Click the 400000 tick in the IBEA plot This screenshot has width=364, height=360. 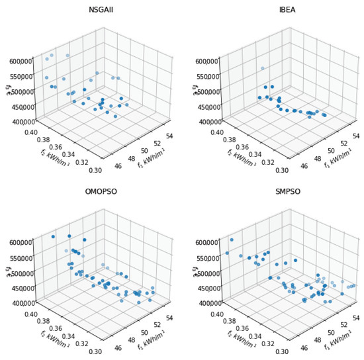pos(203,121)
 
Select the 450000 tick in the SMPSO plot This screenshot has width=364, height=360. pos(203,288)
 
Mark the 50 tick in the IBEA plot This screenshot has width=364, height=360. pos(332,152)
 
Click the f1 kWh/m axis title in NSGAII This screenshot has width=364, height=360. pos(154,159)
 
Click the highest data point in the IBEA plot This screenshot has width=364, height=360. pos(262,68)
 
